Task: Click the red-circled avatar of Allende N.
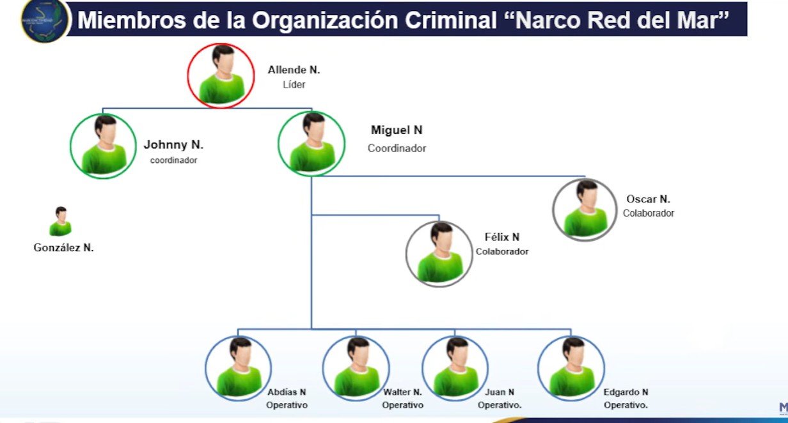pos(221,75)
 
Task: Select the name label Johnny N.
pos(173,144)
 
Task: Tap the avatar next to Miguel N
pos(311,144)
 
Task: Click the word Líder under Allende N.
pos(294,85)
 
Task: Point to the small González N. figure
pos(61,221)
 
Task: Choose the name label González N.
pos(64,248)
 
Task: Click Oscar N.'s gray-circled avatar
pos(585,210)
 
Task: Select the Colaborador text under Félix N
pos(502,252)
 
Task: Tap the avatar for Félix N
pos(439,254)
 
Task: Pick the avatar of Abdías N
pos(238,368)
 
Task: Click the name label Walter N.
pos(402,392)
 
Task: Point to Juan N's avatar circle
pos(455,368)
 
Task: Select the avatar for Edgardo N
pos(571,368)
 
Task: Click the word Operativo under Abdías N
pos(287,405)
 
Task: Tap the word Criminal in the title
pos(451,20)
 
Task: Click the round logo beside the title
pos(45,20)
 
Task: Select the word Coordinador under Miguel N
pos(397,148)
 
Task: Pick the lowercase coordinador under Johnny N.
pos(173,160)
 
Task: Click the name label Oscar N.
pos(648,199)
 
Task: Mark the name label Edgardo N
pos(626,392)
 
